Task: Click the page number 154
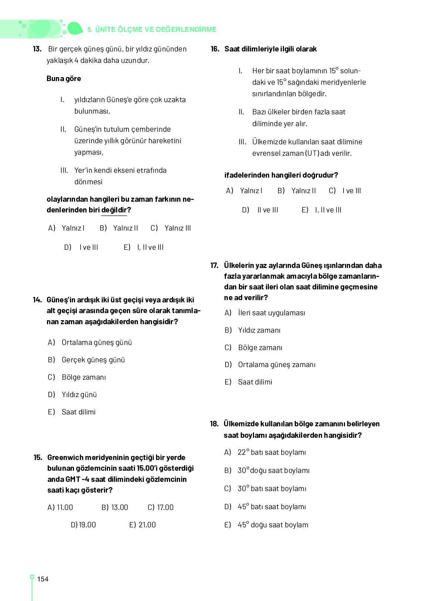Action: [43, 579]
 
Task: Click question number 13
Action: [37, 49]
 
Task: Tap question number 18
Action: [214, 424]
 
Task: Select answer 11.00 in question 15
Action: [61, 507]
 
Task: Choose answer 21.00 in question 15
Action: [143, 525]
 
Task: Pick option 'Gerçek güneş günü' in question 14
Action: [93, 360]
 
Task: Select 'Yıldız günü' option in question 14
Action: [79, 394]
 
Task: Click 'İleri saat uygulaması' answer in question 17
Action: [271, 313]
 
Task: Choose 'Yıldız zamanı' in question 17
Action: [259, 330]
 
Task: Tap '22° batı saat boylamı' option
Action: [272, 452]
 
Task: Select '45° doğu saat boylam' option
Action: [273, 525]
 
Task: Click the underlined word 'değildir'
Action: [114, 210]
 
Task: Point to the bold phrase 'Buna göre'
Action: [64, 78]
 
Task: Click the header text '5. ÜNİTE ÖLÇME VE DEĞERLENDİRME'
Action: [152, 29]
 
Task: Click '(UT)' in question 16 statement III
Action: [312, 153]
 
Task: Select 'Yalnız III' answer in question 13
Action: [177, 228]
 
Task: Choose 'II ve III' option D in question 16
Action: [267, 210]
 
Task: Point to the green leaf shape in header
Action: [75, 28]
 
